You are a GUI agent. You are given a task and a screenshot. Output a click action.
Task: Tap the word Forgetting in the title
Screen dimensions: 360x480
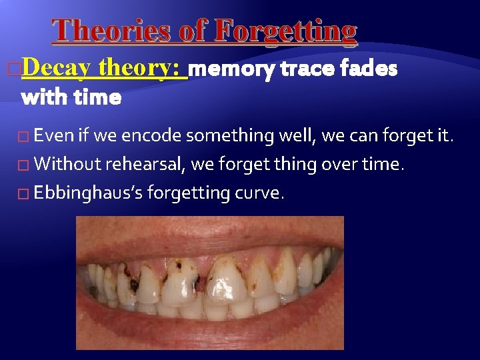tap(286, 31)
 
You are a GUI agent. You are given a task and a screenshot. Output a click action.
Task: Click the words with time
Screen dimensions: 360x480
tap(71, 98)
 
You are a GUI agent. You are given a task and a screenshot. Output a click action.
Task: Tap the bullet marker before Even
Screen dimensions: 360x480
tap(25, 137)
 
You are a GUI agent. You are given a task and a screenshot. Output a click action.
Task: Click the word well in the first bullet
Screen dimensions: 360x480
tap(297, 136)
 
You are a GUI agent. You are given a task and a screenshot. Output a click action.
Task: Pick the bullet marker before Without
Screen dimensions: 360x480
tap(25, 165)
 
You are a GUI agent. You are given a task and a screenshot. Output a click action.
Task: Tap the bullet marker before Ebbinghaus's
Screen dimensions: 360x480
tap(25, 193)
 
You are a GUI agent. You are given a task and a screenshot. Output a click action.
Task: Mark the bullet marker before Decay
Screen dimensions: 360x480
tap(15, 68)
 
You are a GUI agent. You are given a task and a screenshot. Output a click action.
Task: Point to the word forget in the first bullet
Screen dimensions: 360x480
tap(414, 136)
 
